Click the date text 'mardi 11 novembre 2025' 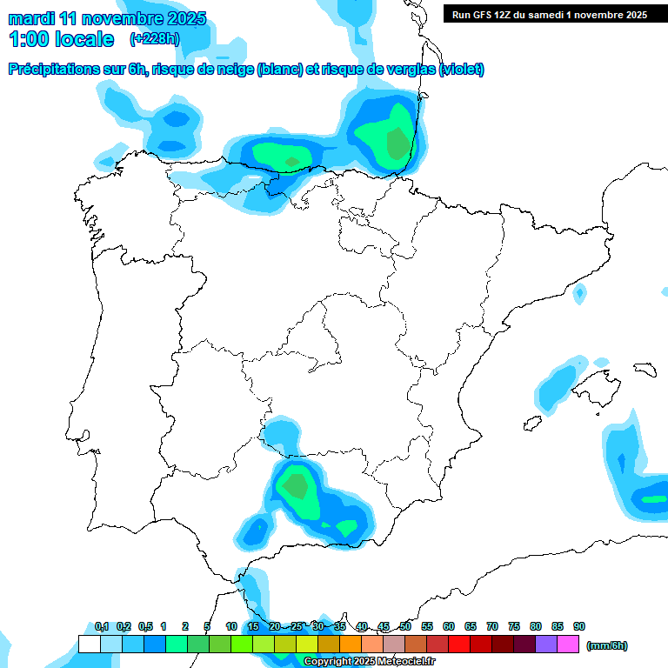point(107,18)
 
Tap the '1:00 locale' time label point(61,39)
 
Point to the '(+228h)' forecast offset point(154,38)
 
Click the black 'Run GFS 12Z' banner point(549,14)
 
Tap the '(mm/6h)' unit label point(606,645)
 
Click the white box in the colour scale point(89,645)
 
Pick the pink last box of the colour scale point(568,645)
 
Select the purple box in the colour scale point(546,645)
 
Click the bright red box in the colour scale point(459,645)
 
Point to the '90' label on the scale point(579,626)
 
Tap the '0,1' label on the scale point(101,626)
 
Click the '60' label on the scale point(449,626)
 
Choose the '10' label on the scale point(231,626)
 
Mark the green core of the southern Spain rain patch point(297,484)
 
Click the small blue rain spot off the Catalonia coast point(579,295)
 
